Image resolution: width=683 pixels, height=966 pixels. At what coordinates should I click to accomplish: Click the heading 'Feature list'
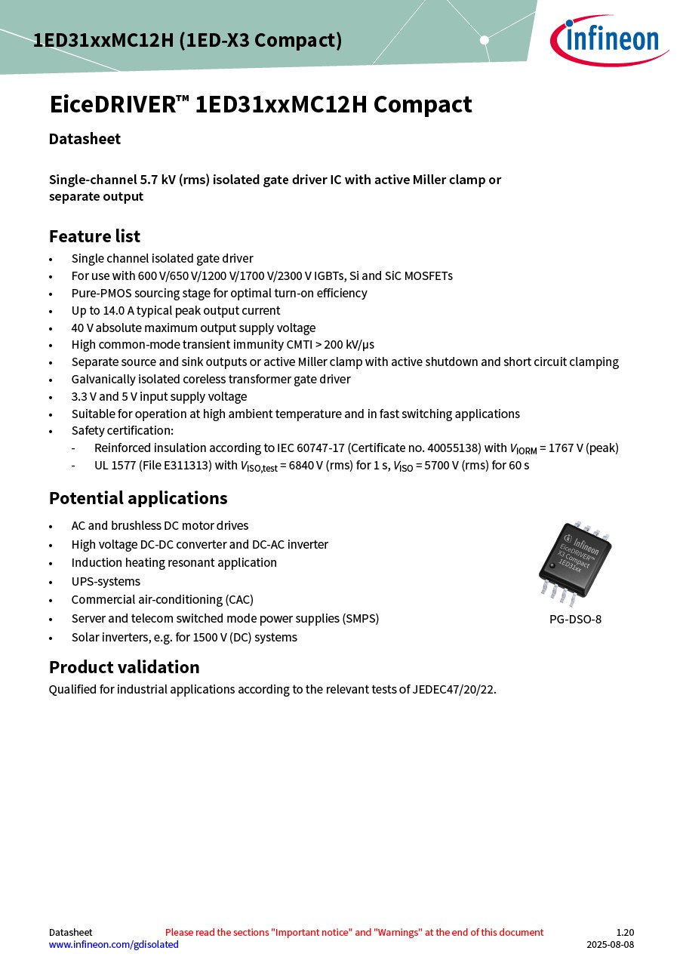pos(94,236)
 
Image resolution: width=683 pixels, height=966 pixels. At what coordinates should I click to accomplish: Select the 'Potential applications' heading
pos(138,498)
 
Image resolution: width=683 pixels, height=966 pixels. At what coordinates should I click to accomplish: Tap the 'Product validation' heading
pos(125,667)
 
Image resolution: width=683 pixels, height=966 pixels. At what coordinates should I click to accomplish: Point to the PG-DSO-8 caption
pos(575,620)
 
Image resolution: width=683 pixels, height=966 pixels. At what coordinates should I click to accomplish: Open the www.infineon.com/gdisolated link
pos(114,944)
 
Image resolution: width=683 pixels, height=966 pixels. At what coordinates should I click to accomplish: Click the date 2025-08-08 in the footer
pos(611,944)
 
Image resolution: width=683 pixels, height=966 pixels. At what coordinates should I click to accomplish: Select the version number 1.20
pos(625,932)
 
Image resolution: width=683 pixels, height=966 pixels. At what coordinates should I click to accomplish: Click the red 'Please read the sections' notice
pos(354,932)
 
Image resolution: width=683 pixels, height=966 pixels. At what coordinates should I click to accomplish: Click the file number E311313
pos(186,465)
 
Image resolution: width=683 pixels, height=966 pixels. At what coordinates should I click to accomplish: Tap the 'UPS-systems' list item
pos(106,581)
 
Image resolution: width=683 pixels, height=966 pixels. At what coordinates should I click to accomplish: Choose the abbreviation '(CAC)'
pos(239,600)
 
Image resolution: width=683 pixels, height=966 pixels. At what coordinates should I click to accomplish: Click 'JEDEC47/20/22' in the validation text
pos(453,689)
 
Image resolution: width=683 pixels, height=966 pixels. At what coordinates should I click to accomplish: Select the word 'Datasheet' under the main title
pos(85,139)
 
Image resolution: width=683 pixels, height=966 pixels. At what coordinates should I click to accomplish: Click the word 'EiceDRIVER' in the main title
pos(112,104)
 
